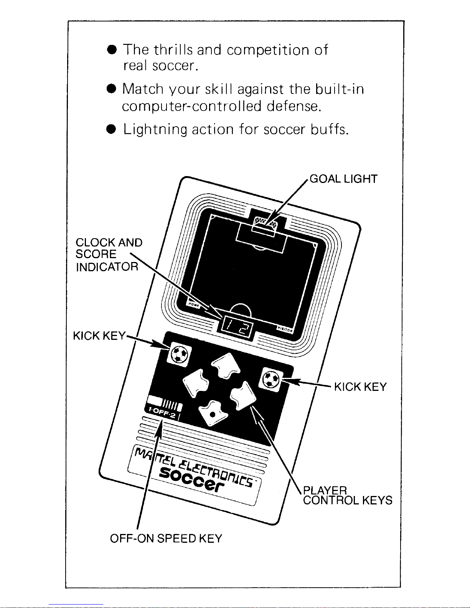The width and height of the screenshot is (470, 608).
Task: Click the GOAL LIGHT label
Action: tap(343, 179)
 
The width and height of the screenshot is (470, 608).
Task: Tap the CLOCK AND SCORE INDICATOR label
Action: tap(109, 254)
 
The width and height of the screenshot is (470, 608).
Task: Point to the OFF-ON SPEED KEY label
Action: tap(166, 539)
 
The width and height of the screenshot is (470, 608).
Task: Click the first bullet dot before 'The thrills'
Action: tap(112, 50)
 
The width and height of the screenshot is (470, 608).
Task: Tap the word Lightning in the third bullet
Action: tap(155, 130)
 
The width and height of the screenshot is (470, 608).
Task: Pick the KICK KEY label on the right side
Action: tap(360, 387)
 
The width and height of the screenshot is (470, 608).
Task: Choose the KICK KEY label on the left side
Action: tap(99, 336)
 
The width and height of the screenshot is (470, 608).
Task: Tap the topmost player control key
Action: tap(226, 365)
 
